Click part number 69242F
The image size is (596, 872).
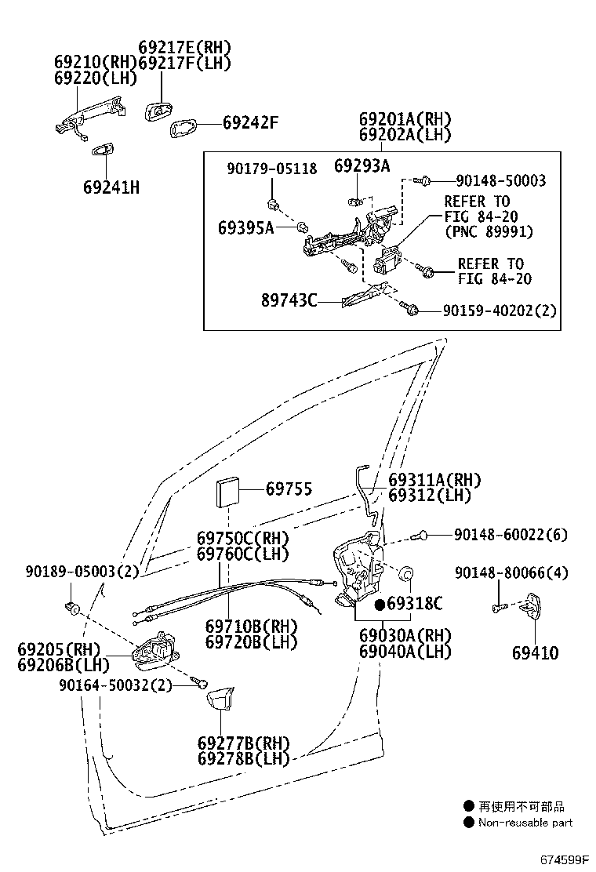tap(250, 123)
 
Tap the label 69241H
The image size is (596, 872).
tap(111, 187)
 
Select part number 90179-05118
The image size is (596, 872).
tap(272, 169)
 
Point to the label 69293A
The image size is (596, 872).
tap(362, 165)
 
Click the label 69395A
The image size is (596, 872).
tap(245, 227)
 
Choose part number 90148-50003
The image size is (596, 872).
tap(501, 180)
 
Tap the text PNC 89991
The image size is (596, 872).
tap(489, 231)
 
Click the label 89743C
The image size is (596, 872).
tap(289, 300)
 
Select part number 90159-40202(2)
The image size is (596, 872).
tap(500, 311)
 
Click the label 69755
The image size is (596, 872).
tap(289, 489)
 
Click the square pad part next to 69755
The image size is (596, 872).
tap(228, 492)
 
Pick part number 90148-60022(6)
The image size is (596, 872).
tap(511, 535)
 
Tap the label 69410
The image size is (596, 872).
tap(535, 652)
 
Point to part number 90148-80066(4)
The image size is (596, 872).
tap(511, 572)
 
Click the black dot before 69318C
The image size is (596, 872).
tap(380, 603)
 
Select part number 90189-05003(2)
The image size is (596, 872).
tap(82, 571)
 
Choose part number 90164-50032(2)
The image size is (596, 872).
tap(115, 685)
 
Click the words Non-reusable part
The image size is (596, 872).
tap(525, 823)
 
